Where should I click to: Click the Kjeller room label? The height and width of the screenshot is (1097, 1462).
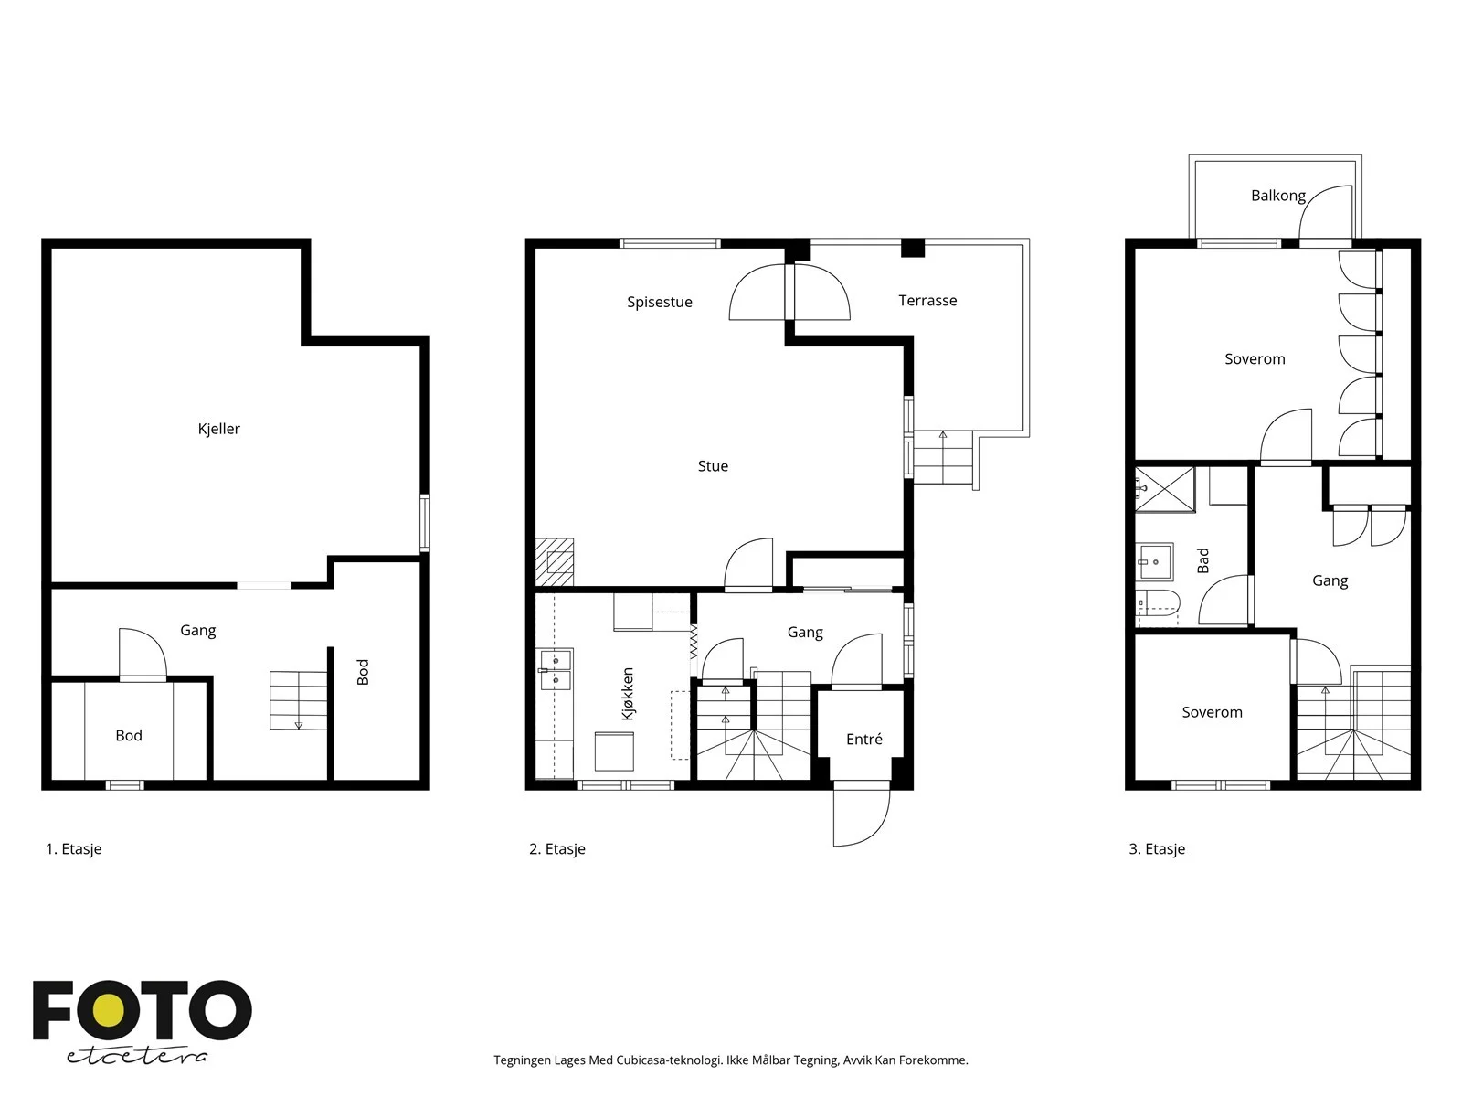pyautogui.click(x=218, y=429)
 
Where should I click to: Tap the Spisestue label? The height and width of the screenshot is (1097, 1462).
pyautogui.click(x=660, y=303)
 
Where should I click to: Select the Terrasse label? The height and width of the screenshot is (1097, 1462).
pyautogui.click(x=927, y=301)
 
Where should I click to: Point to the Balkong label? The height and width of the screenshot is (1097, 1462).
pyautogui.click(x=1277, y=196)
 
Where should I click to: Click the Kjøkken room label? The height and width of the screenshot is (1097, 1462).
pyautogui.click(x=628, y=693)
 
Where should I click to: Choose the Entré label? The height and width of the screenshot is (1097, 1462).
pyautogui.click(x=863, y=739)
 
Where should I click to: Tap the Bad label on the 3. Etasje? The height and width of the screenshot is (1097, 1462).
pyautogui.click(x=1202, y=560)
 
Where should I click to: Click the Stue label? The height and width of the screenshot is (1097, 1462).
pyautogui.click(x=713, y=466)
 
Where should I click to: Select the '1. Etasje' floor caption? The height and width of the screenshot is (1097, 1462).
pyautogui.click(x=73, y=848)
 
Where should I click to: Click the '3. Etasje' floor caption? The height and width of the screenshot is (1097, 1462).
pyautogui.click(x=1157, y=848)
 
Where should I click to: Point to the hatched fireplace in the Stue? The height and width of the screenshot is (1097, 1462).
pyautogui.click(x=554, y=562)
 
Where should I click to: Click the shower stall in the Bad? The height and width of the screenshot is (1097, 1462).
pyautogui.click(x=1164, y=490)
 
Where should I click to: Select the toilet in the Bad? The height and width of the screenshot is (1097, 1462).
pyautogui.click(x=1158, y=603)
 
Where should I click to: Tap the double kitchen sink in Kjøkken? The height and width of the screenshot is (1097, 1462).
pyautogui.click(x=556, y=670)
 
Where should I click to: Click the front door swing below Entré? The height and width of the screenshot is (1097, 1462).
pyautogui.click(x=862, y=818)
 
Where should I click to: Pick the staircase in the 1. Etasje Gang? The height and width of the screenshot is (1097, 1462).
pyautogui.click(x=299, y=700)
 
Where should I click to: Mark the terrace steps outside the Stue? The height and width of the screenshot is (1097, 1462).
pyautogui.click(x=943, y=458)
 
